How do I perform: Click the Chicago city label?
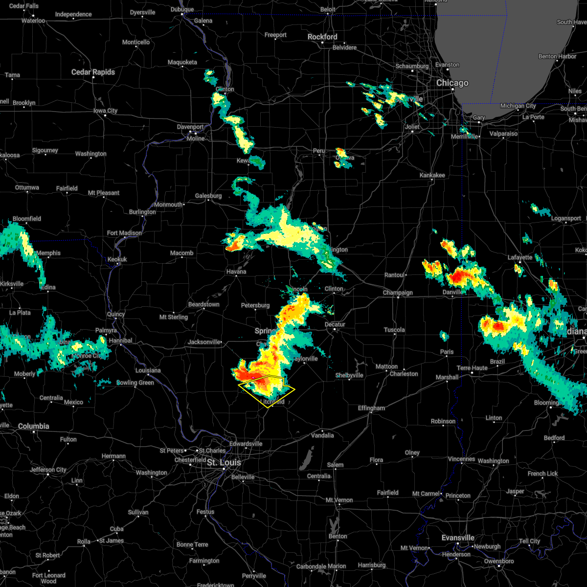[452, 83]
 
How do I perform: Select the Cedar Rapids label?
[93, 72]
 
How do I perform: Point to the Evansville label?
[458, 538]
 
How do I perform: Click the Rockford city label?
[322, 37]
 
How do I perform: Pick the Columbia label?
[34, 426]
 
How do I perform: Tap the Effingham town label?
[371, 408]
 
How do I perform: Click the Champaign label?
[398, 293]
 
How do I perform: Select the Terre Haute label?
[472, 368]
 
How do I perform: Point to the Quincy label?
[116, 314]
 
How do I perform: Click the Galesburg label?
[208, 196]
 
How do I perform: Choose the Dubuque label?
[182, 9]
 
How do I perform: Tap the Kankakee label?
[432, 175]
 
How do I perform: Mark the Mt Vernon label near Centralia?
[339, 500]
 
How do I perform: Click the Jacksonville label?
[204, 342]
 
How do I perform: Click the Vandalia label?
[322, 435]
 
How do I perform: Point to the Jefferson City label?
[48, 470]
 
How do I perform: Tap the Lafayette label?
[519, 257]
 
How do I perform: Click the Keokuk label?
[117, 259]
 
